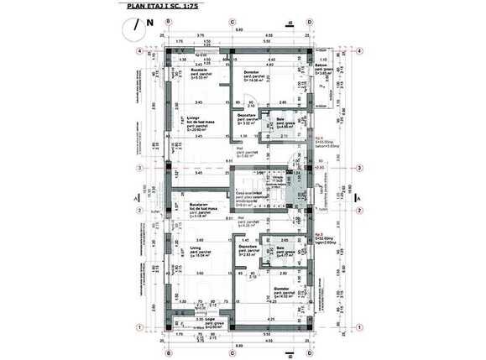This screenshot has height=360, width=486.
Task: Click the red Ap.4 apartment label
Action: (319, 136)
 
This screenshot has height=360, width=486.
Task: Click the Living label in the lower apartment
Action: (197, 248)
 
